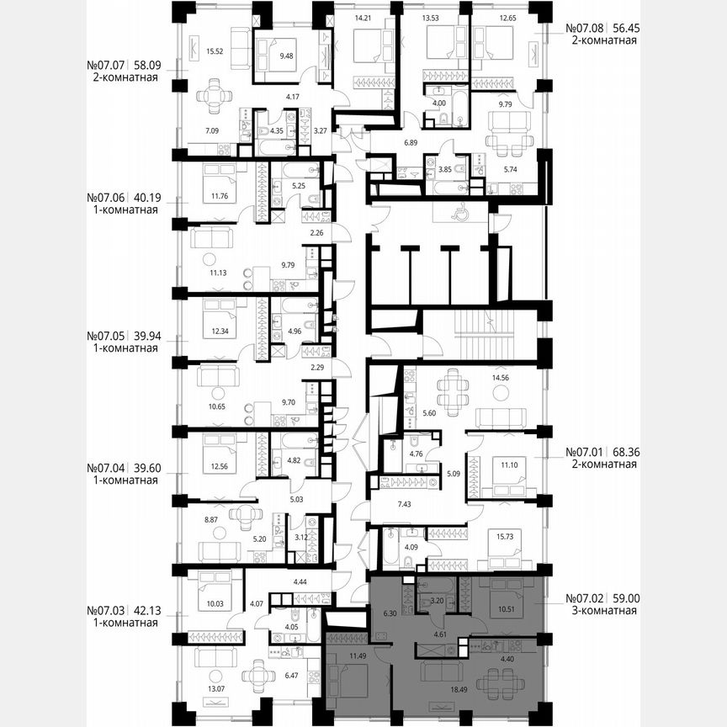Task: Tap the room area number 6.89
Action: click(410, 142)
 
